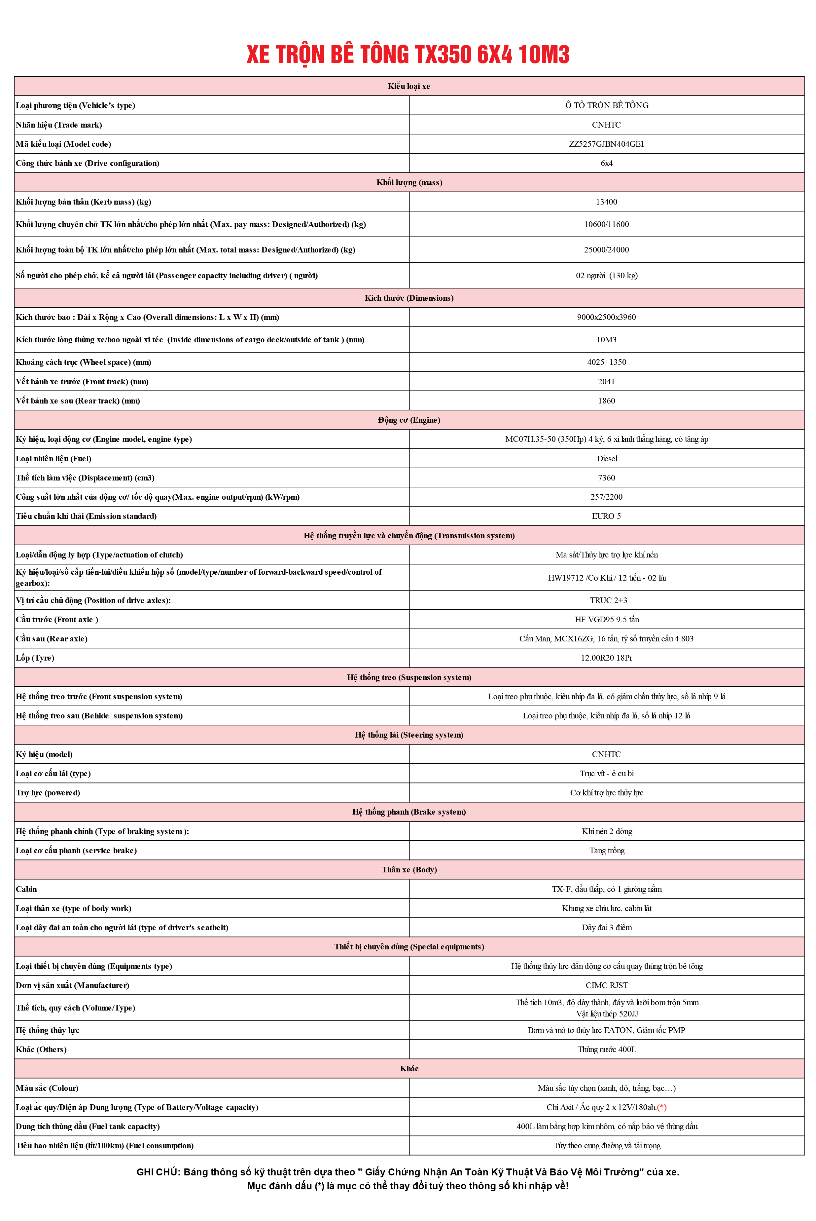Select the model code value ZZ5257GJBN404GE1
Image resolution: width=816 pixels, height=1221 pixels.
[606, 144]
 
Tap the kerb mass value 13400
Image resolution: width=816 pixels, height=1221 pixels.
[606, 202]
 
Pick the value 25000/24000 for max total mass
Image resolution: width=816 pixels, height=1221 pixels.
[606, 250]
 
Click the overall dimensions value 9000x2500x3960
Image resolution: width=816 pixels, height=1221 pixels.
[606, 317]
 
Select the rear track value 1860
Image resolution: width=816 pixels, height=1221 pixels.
[606, 401]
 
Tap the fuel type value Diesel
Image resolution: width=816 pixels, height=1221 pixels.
[607, 459]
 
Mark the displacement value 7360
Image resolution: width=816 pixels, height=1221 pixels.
[606, 478]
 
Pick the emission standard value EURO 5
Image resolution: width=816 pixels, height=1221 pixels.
[606, 516]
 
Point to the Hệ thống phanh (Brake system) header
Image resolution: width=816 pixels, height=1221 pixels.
[409, 812]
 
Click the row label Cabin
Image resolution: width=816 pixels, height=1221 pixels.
[26, 889]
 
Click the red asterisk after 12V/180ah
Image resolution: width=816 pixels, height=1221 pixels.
[662, 1107]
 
